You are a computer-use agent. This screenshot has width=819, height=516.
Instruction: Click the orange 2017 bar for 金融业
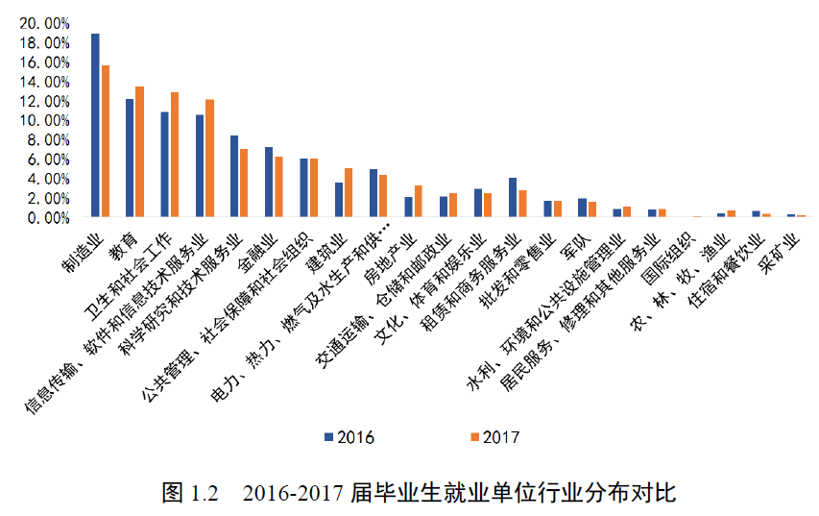[279, 186]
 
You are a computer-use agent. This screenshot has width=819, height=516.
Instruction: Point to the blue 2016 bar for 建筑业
[338, 200]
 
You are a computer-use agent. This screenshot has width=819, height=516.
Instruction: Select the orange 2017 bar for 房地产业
[419, 201]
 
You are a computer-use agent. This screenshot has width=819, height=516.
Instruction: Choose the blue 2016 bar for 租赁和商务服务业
[513, 197]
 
